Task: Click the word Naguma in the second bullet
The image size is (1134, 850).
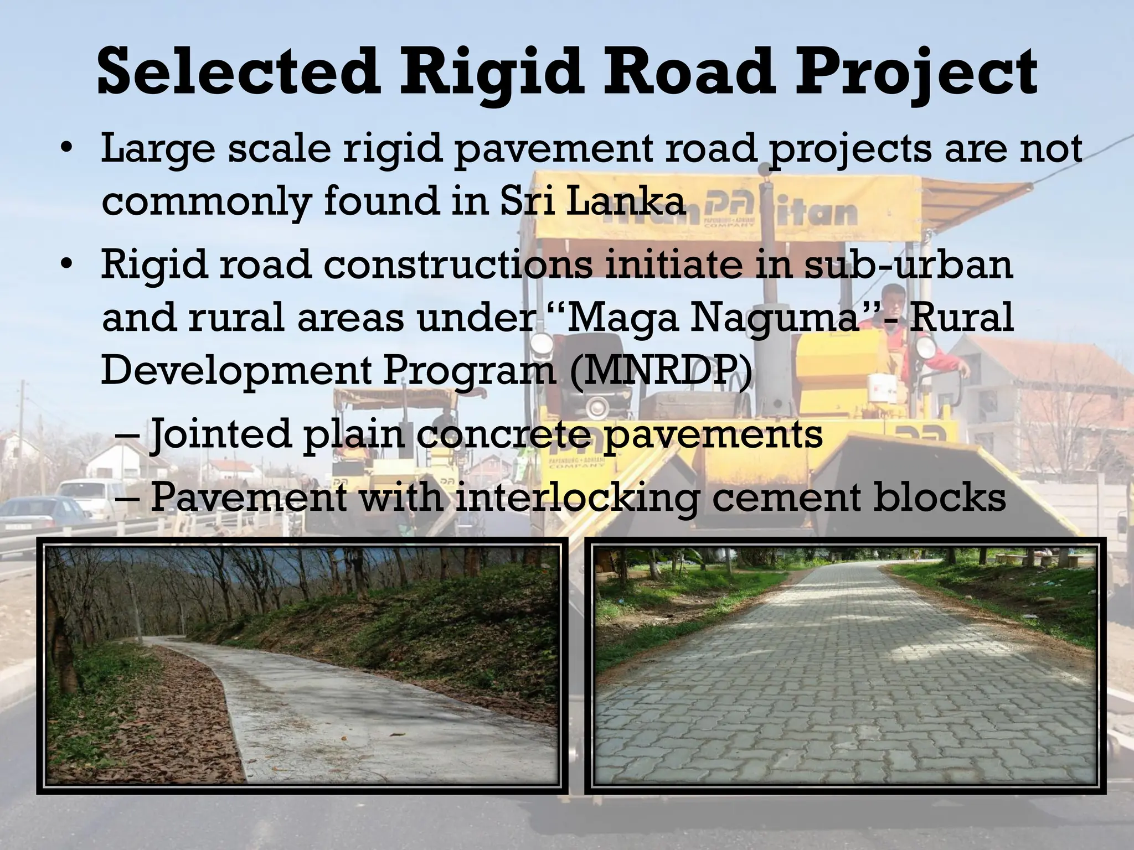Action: tap(772, 318)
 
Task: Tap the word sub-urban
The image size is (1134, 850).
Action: tap(909, 265)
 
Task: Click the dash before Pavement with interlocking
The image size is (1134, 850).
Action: tap(128, 497)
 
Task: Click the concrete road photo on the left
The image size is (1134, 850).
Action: tap(302, 664)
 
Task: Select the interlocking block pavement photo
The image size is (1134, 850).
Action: tap(844, 664)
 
